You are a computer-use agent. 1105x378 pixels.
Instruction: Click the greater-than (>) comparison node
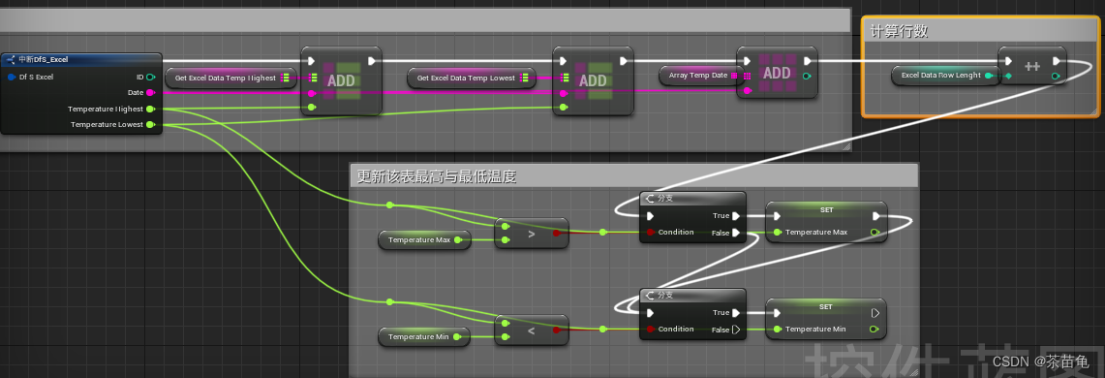(531, 234)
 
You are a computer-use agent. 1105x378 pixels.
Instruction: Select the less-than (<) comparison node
(531, 331)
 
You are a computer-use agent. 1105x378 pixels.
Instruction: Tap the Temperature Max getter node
(424, 238)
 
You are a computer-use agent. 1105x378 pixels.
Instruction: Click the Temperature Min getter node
(423, 335)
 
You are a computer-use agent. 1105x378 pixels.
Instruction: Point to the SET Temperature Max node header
(825, 209)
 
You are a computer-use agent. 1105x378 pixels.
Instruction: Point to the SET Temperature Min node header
(825, 306)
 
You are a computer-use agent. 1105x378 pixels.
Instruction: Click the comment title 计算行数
(900, 31)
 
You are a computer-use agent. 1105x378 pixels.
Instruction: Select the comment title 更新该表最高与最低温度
(437, 176)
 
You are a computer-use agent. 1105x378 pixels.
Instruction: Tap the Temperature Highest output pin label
(106, 109)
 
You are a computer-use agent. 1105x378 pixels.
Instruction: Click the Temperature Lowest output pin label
(107, 124)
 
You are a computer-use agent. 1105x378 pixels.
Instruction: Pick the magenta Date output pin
(150, 92)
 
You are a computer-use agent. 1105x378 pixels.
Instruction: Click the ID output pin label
(139, 76)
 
